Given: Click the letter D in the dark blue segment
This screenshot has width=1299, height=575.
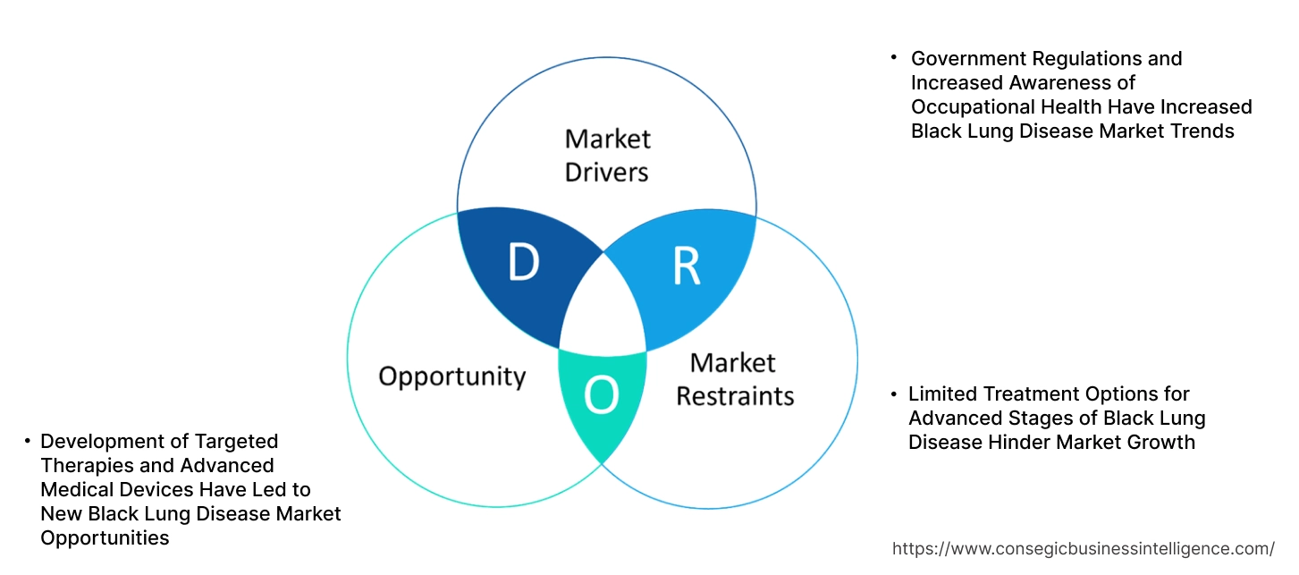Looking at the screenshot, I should [523, 262].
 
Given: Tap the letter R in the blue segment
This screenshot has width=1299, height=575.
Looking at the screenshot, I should [686, 266].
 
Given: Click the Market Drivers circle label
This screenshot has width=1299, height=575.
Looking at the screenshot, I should [607, 155].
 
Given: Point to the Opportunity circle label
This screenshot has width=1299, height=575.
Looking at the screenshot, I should [451, 376].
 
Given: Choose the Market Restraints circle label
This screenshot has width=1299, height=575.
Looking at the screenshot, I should [734, 378].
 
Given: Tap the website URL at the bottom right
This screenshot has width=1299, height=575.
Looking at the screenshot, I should [1084, 548].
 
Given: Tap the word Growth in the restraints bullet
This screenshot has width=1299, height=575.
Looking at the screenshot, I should [1165, 443].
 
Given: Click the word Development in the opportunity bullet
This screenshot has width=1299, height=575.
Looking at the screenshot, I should [97, 442].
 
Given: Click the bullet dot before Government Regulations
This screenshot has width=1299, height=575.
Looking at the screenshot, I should [893, 57].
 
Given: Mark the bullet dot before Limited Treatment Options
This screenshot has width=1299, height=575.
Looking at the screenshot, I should [893, 393].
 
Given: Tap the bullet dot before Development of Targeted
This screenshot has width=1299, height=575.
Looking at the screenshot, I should [27, 440].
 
